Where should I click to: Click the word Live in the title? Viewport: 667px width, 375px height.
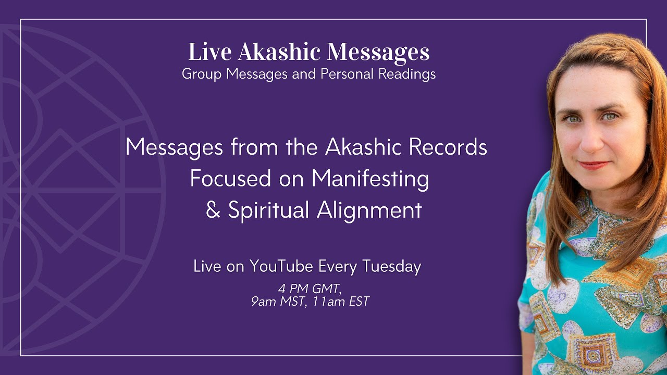209,52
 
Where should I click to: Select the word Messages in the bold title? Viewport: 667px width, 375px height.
378,52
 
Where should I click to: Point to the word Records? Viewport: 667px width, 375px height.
448,147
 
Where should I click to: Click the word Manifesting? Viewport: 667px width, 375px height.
370,179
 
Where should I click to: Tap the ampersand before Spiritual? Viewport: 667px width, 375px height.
213,211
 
